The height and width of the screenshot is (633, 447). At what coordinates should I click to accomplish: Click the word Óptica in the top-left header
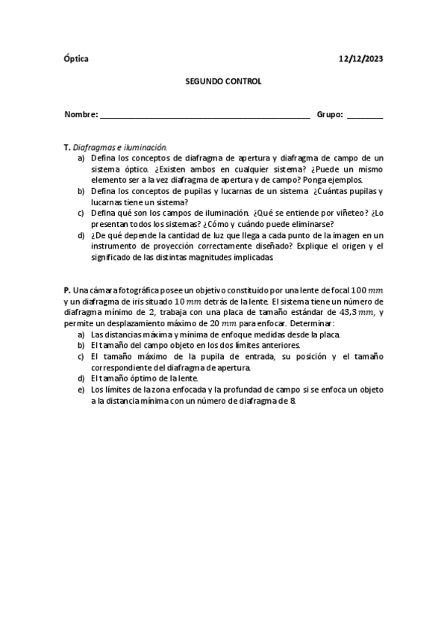pyautogui.click(x=75, y=58)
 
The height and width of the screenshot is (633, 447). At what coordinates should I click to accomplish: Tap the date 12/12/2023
pyautogui.click(x=360, y=58)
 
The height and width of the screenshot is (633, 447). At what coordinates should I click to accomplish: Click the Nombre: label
pyautogui.click(x=81, y=115)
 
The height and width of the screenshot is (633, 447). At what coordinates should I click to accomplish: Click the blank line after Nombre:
pyautogui.click(x=204, y=116)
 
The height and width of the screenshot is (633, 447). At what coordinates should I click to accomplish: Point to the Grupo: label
pyautogui.click(x=330, y=115)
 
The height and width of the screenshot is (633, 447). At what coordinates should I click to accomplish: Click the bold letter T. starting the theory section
pyautogui.click(x=67, y=148)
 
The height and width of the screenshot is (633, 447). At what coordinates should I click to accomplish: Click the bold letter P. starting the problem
pyautogui.click(x=67, y=289)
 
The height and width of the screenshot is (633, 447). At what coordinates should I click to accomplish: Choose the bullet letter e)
pyautogui.click(x=81, y=389)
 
